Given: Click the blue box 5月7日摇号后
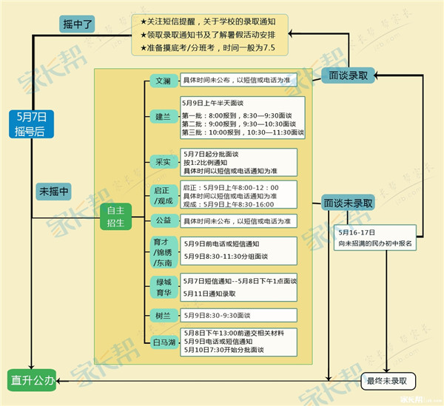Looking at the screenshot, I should (30, 123).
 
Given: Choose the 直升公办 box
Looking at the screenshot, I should (32, 381).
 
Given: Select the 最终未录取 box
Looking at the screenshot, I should (387, 381).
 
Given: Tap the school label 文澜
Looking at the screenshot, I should (162, 80).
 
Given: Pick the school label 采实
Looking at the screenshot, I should (162, 162).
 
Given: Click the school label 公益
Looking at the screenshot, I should (162, 220).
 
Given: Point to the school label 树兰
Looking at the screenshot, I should (162, 315).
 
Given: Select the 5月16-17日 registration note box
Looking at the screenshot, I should (374, 237).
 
